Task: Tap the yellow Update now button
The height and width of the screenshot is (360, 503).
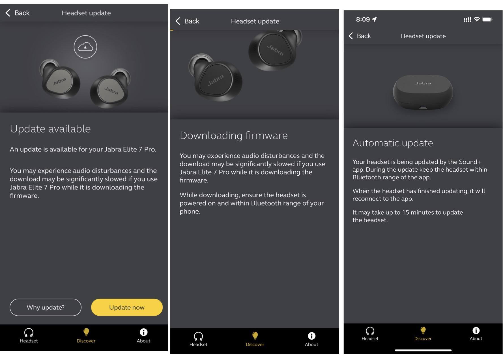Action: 127,307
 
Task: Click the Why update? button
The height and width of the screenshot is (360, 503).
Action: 46,307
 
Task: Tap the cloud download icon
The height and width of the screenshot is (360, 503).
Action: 85,47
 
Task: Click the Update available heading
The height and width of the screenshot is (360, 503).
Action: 50,129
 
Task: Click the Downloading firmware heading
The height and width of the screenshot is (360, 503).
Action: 234,136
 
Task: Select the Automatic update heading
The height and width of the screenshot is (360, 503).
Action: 393,143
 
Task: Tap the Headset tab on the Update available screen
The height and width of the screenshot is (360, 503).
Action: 29,336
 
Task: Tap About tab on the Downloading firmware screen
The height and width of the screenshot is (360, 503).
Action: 311,339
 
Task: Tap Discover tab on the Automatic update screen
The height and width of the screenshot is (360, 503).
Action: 423,334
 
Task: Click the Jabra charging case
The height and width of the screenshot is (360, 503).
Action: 423,92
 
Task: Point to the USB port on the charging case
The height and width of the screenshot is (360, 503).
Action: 423,107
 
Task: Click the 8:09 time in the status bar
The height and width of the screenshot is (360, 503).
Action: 363,19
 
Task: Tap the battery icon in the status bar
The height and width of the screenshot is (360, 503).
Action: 487,19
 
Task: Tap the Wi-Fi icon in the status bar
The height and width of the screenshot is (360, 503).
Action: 477,19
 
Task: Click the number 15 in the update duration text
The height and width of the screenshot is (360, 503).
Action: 406,212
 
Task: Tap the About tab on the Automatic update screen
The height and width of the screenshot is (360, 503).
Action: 476,334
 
